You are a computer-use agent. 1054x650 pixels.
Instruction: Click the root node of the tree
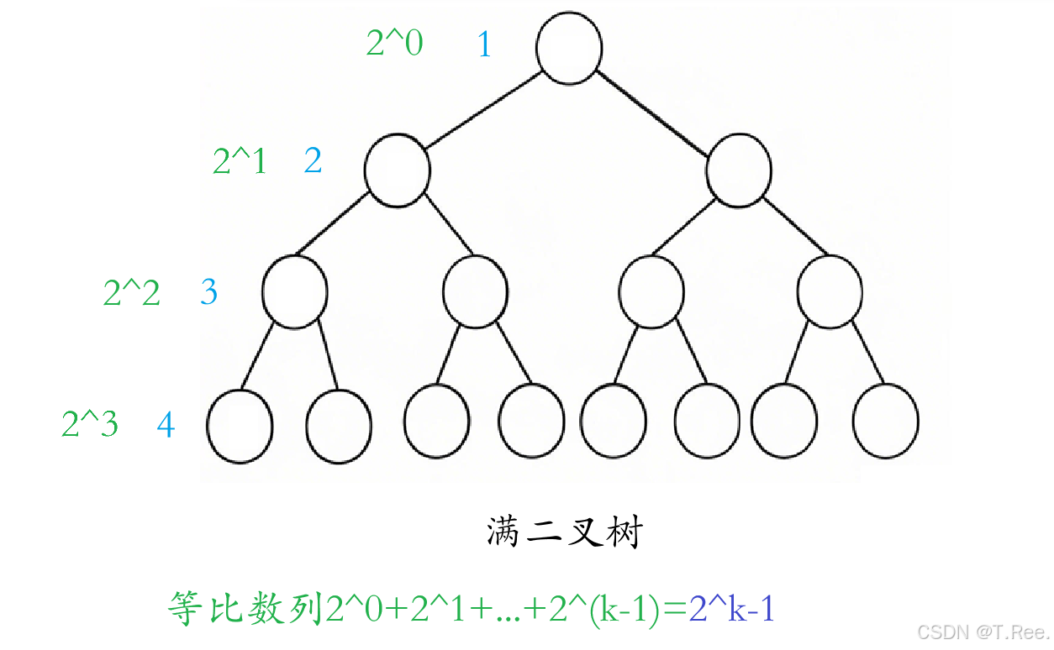click(x=569, y=48)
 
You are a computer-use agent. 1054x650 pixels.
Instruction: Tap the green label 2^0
click(x=394, y=43)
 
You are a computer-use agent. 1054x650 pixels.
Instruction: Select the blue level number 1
click(x=484, y=44)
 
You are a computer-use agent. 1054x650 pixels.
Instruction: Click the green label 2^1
click(x=240, y=161)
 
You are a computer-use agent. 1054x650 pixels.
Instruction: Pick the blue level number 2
click(x=313, y=160)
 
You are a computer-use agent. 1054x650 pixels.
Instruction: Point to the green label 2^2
click(x=132, y=292)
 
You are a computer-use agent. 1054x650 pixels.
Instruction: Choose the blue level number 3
click(x=208, y=291)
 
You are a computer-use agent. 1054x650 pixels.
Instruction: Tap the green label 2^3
click(x=90, y=424)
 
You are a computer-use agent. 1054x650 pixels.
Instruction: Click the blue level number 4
click(x=166, y=425)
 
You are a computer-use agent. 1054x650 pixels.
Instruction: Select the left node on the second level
click(x=397, y=170)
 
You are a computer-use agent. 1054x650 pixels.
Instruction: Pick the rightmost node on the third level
click(x=830, y=291)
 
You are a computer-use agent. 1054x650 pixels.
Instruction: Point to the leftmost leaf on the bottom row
click(x=240, y=425)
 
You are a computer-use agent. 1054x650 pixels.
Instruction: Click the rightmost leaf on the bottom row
click(x=885, y=421)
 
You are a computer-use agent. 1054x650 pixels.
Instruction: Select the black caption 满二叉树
click(x=565, y=532)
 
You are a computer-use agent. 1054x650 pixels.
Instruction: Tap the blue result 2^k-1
click(x=731, y=608)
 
